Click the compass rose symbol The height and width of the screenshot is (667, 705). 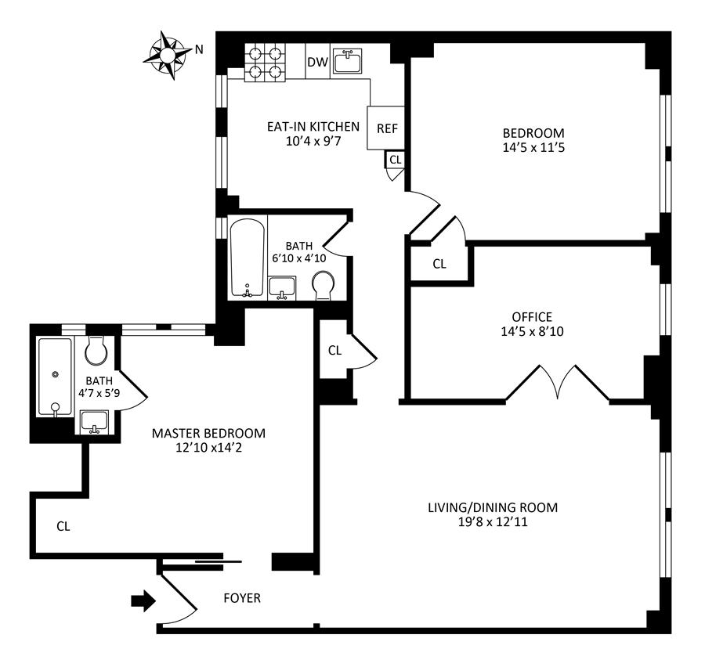pyautogui.click(x=167, y=53)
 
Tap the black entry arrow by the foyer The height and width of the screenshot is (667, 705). pyautogui.click(x=143, y=600)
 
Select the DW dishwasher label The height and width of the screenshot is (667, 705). pyautogui.click(x=316, y=62)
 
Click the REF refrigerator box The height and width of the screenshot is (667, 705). pyautogui.click(x=387, y=128)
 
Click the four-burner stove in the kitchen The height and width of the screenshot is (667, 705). pyautogui.click(x=265, y=61)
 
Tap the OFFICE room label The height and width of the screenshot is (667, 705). pyautogui.click(x=532, y=317)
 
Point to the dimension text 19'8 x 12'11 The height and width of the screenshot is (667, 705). pyautogui.click(x=493, y=521)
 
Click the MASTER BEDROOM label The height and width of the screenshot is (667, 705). pyautogui.click(x=208, y=433)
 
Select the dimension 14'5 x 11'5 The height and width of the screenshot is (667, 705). pyautogui.click(x=533, y=146)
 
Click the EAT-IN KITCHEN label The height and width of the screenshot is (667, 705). pyautogui.click(x=312, y=127)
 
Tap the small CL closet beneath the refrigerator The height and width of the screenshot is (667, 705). pyautogui.click(x=395, y=160)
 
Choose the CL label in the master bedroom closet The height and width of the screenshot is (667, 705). pyautogui.click(x=63, y=526)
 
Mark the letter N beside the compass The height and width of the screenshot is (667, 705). pyautogui.click(x=199, y=49)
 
